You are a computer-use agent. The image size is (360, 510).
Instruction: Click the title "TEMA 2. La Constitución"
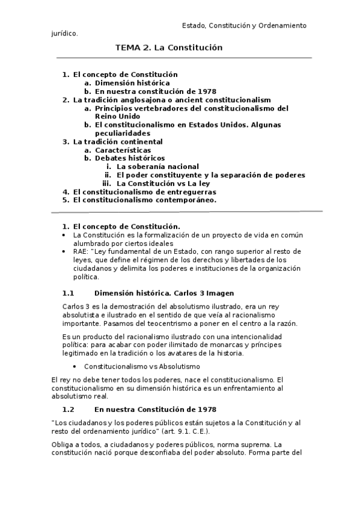click(169, 47)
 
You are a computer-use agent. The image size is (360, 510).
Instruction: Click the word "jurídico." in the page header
click(64, 34)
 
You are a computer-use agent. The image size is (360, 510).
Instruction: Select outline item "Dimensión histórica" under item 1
click(132, 83)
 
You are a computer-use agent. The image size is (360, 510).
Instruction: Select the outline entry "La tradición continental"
click(118, 142)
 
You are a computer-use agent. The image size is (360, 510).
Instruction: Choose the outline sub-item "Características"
click(123, 150)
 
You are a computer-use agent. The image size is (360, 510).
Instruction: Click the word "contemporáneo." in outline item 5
click(187, 200)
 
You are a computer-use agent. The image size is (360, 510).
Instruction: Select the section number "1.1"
click(68, 293)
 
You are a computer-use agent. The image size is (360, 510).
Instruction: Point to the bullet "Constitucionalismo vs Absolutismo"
click(142, 366)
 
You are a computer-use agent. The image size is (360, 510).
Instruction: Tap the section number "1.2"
click(68, 408)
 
